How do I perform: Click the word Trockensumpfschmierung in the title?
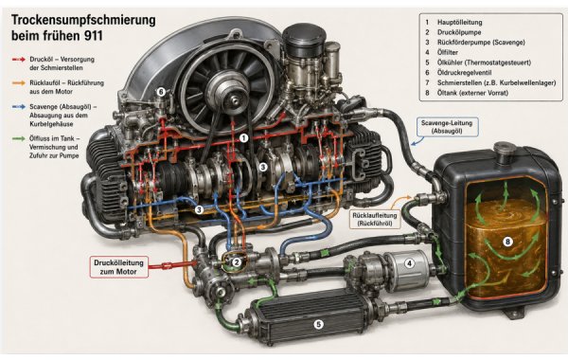(83, 20)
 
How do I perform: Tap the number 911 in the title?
(93, 36)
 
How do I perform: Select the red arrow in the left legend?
(19, 59)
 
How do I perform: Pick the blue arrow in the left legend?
(19, 107)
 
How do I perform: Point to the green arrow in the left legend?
(19, 138)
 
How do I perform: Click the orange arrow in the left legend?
(19, 83)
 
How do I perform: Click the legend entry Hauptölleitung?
(459, 22)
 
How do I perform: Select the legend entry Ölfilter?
(448, 52)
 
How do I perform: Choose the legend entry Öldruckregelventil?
(464, 73)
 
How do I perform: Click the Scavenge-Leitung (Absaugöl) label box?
(447, 127)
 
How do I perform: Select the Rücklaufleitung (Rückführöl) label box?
(375, 220)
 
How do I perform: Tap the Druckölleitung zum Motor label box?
(119, 267)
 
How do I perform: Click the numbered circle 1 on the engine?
(244, 138)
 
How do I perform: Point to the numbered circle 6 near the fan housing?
(161, 92)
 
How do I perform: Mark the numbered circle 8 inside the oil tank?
(507, 242)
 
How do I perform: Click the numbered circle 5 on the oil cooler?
(318, 324)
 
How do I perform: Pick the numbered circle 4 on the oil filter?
(409, 263)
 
